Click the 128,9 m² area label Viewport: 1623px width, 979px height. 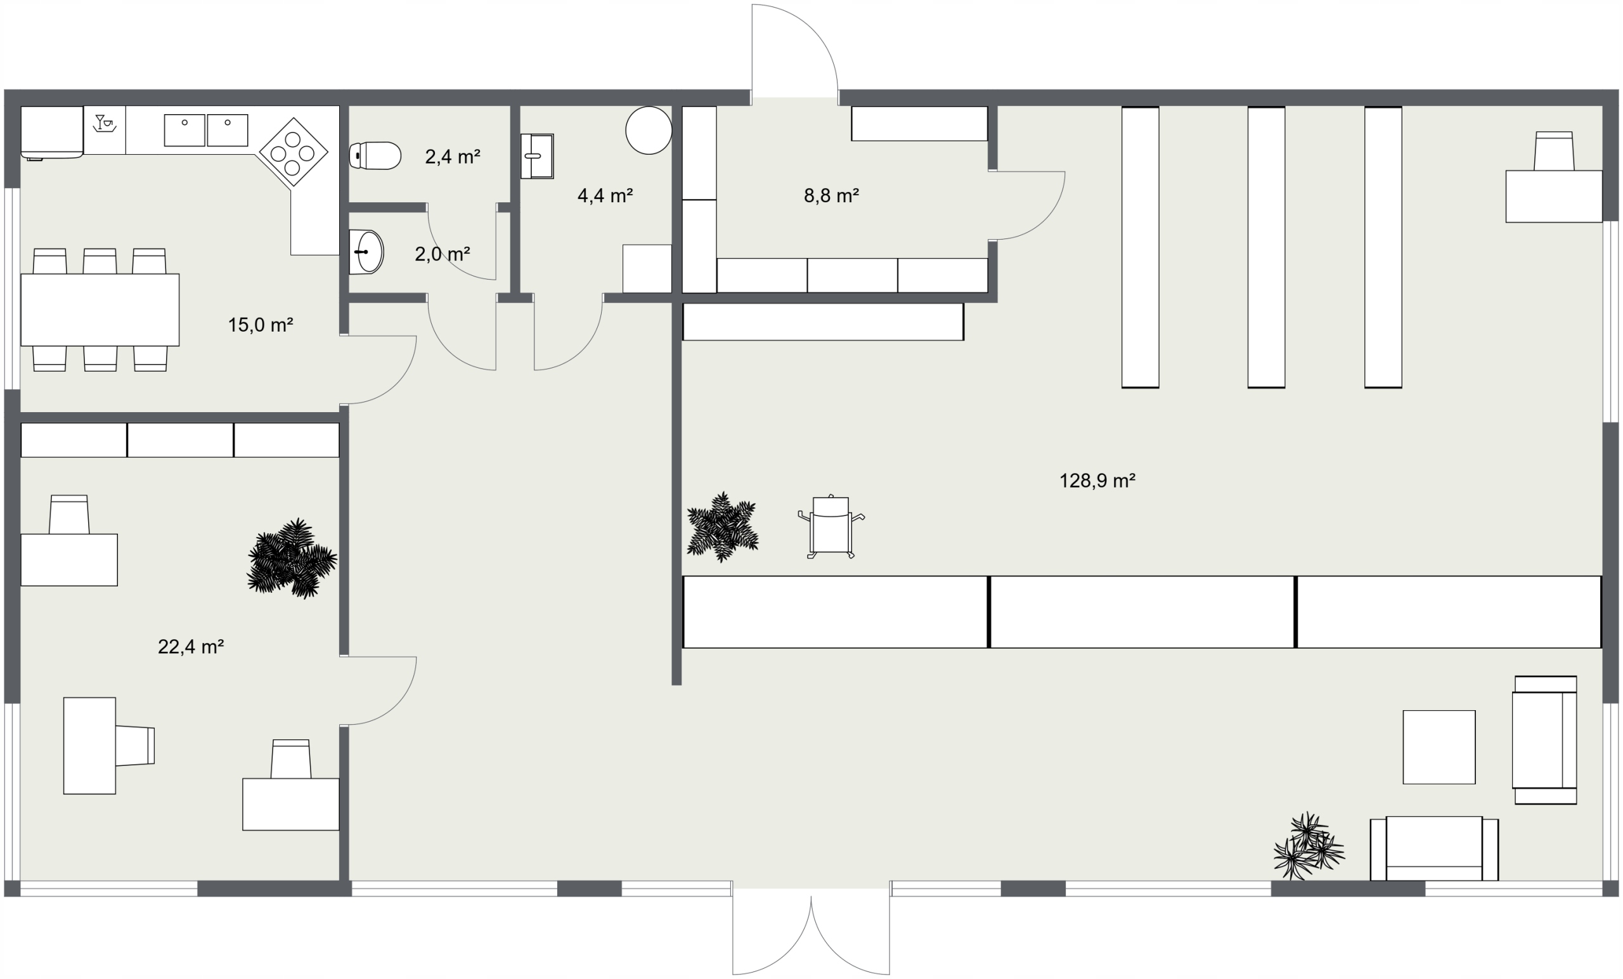coord(1097,481)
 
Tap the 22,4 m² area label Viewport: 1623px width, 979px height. coord(191,647)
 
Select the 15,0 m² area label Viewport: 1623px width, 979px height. coord(260,325)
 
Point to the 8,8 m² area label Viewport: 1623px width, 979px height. coord(831,196)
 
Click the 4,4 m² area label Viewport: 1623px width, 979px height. coord(605,196)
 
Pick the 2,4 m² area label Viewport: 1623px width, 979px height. coord(453,157)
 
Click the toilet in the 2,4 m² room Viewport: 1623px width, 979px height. coord(375,156)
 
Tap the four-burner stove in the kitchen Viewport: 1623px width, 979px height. coord(294,152)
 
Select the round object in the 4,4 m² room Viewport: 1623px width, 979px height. coord(649,131)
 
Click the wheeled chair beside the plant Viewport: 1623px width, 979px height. coord(831,526)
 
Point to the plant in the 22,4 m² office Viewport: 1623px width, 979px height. coord(292,558)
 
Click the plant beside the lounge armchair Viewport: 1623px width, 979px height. coord(1308,846)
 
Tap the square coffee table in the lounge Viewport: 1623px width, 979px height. coord(1439,747)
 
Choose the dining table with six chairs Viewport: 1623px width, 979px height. coord(100,309)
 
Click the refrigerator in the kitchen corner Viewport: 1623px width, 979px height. coord(52,133)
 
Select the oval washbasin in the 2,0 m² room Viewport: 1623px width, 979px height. coord(366,252)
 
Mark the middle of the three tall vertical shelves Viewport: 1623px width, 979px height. coord(1266,247)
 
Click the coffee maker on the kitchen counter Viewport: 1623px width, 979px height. coord(105,123)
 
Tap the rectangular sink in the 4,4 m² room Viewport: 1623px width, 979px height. coord(537,156)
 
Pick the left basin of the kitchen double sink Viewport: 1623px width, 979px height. coord(184,130)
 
